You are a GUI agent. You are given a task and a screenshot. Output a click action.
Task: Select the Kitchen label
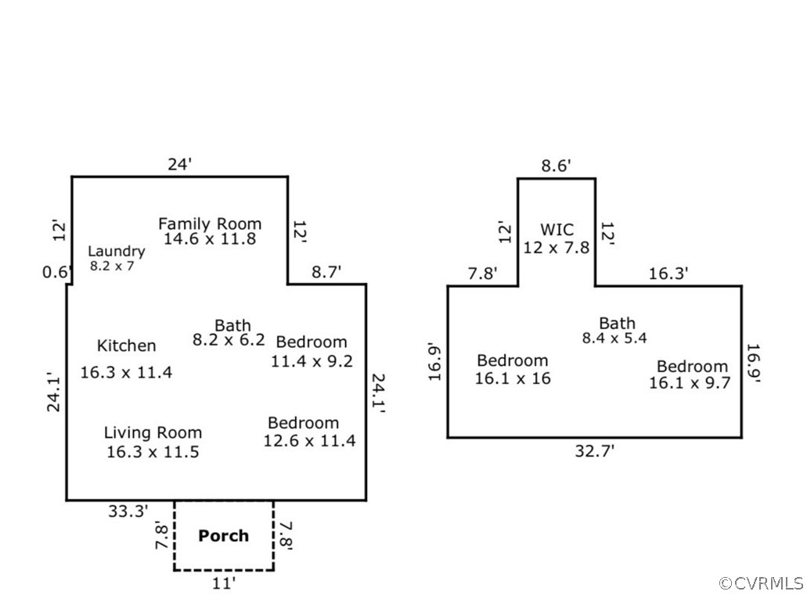(x=126, y=346)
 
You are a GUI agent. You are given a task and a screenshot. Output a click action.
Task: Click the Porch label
(x=223, y=536)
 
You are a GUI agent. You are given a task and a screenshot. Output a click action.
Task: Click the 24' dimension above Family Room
(x=179, y=164)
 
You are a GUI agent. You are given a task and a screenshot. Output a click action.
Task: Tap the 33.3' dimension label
(x=128, y=511)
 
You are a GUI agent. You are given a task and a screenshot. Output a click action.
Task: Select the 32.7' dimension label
(x=594, y=450)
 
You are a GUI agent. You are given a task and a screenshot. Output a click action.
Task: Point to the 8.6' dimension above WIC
(x=557, y=166)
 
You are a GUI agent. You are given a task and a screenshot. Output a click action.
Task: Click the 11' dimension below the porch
(x=223, y=582)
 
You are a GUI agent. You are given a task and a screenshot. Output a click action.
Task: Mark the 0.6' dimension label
(x=57, y=272)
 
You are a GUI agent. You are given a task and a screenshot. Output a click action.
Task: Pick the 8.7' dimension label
(x=326, y=273)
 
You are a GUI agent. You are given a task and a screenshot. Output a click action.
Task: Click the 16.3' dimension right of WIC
(x=668, y=274)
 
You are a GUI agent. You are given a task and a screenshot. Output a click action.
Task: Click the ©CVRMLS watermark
(x=761, y=582)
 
